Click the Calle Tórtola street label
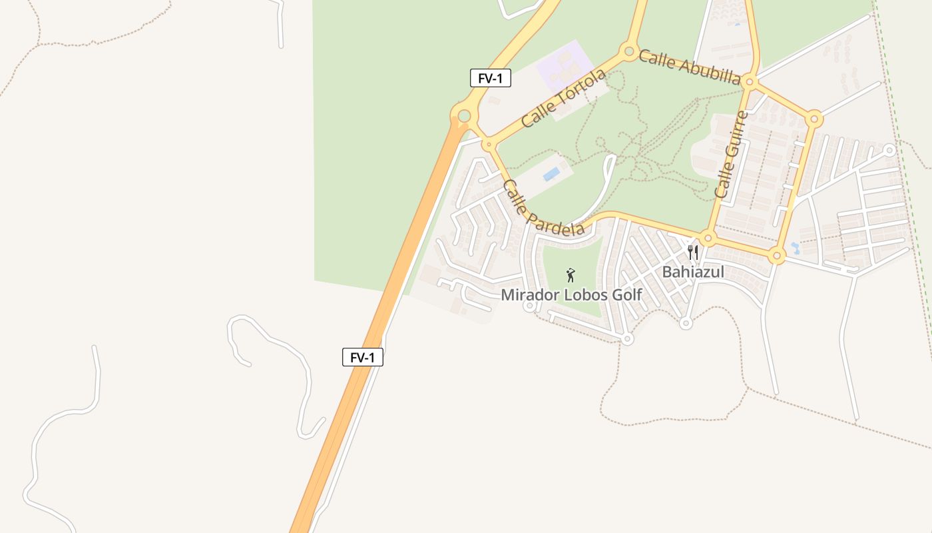pyautogui.click(x=563, y=98)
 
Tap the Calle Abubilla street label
pyautogui.click(x=689, y=67)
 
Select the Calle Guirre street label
pyautogui.click(x=731, y=155)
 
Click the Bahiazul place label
pyautogui.click(x=692, y=272)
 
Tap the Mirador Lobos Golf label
pyautogui.click(x=571, y=294)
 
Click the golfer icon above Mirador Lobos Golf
pyautogui.click(x=571, y=274)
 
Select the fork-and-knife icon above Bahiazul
pyautogui.click(x=693, y=252)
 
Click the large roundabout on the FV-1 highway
pyautogui.click(x=464, y=117)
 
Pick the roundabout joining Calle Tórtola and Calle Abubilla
pyautogui.click(x=628, y=51)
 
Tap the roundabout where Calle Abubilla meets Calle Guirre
pyautogui.click(x=750, y=82)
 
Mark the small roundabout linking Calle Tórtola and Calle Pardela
pyautogui.click(x=489, y=143)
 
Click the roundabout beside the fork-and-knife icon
pyautogui.click(x=708, y=238)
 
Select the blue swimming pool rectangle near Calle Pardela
pyautogui.click(x=551, y=175)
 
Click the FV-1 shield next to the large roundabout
pyautogui.click(x=491, y=78)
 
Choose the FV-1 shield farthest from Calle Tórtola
pyautogui.click(x=363, y=357)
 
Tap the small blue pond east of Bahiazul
pyautogui.click(x=795, y=249)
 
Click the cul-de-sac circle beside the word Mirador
pyautogui.click(x=529, y=306)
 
